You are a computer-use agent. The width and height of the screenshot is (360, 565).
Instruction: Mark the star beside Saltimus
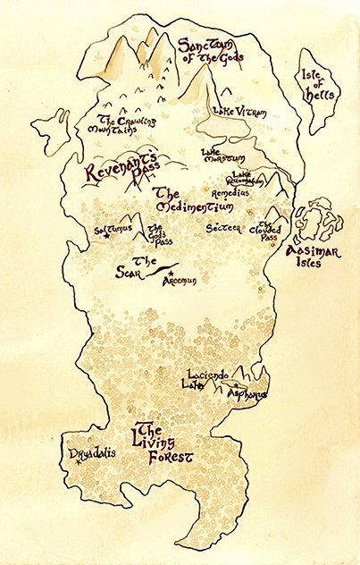[107, 236]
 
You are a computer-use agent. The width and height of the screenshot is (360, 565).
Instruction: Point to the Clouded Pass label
[269, 229]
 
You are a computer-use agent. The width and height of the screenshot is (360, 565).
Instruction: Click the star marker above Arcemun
[172, 272]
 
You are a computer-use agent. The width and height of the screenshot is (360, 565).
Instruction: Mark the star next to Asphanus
[235, 385]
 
